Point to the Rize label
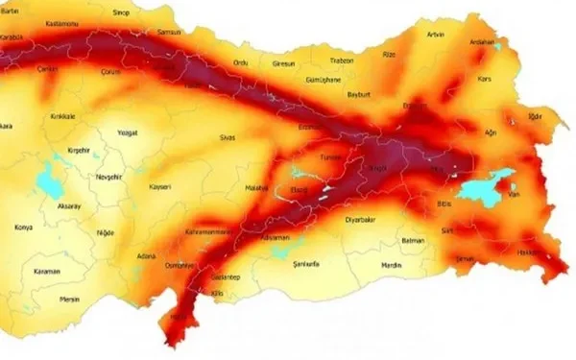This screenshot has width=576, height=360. [x=389, y=55]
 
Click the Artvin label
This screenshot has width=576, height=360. [x=436, y=34]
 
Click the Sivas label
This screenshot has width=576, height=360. [x=228, y=137]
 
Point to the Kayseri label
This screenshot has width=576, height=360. [x=160, y=186]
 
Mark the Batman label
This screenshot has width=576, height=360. [x=413, y=239]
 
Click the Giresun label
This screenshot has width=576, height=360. [x=284, y=63]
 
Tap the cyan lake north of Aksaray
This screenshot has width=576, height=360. [x=45, y=179]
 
